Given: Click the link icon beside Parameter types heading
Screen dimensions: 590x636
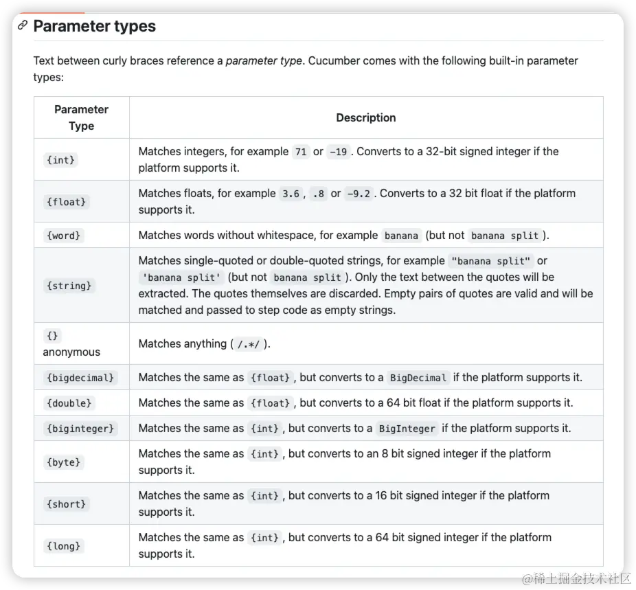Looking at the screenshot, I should tap(23, 26).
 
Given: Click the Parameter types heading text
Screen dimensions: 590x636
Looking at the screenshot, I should tap(94, 26).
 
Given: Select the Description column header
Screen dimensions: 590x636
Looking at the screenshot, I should tap(365, 117).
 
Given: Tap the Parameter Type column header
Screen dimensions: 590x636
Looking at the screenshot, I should tap(81, 117).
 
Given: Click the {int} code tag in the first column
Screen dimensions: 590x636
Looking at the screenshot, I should tap(61, 160).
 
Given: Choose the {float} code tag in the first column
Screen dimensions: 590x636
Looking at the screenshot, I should tap(67, 202).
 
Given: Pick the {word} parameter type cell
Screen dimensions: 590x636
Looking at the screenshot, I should tap(64, 236).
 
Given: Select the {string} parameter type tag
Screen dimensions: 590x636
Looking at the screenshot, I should tap(69, 285).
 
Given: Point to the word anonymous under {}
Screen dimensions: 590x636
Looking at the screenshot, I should tap(71, 352).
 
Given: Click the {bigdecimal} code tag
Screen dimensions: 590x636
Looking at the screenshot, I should tap(80, 378).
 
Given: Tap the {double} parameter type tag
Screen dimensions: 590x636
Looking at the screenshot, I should tap(69, 403).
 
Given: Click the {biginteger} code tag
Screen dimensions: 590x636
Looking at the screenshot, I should tap(80, 429).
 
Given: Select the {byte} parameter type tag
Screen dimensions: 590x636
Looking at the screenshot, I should tap(64, 462).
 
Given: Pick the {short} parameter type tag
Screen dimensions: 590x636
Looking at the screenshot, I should tap(67, 504).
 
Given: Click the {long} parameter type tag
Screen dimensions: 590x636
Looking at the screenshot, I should tap(64, 546).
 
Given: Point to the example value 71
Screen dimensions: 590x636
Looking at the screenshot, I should tap(300, 152).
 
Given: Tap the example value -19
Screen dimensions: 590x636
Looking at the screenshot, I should tap(338, 152).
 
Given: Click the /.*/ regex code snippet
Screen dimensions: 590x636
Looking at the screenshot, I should tap(249, 344).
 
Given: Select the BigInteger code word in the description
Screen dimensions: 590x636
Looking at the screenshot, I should tap(407, 429).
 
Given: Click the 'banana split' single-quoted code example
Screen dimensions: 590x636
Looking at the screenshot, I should tap(181, 277).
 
